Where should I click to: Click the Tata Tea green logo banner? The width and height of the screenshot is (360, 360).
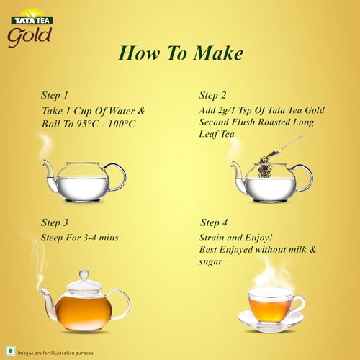(x=32, y=20)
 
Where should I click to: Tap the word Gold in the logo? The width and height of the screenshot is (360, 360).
(x=30, y=37)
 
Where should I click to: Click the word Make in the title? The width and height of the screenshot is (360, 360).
(x=218, y=53)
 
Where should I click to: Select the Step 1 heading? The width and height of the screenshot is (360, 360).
(x=55, y=95)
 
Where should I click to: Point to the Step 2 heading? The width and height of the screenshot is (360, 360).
(x=212, y=95)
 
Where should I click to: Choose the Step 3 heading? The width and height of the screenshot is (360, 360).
(x=55, y=222)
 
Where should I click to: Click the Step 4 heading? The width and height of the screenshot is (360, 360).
(x=214, y=222)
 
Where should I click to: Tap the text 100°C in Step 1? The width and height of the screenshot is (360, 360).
(x=122, y=124)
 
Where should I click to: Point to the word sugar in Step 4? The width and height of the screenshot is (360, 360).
(x=210, y=261)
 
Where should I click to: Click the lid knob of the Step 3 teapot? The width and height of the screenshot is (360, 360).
(x=84, y=275)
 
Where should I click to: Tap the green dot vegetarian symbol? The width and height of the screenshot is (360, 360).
(x=10, y=351)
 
